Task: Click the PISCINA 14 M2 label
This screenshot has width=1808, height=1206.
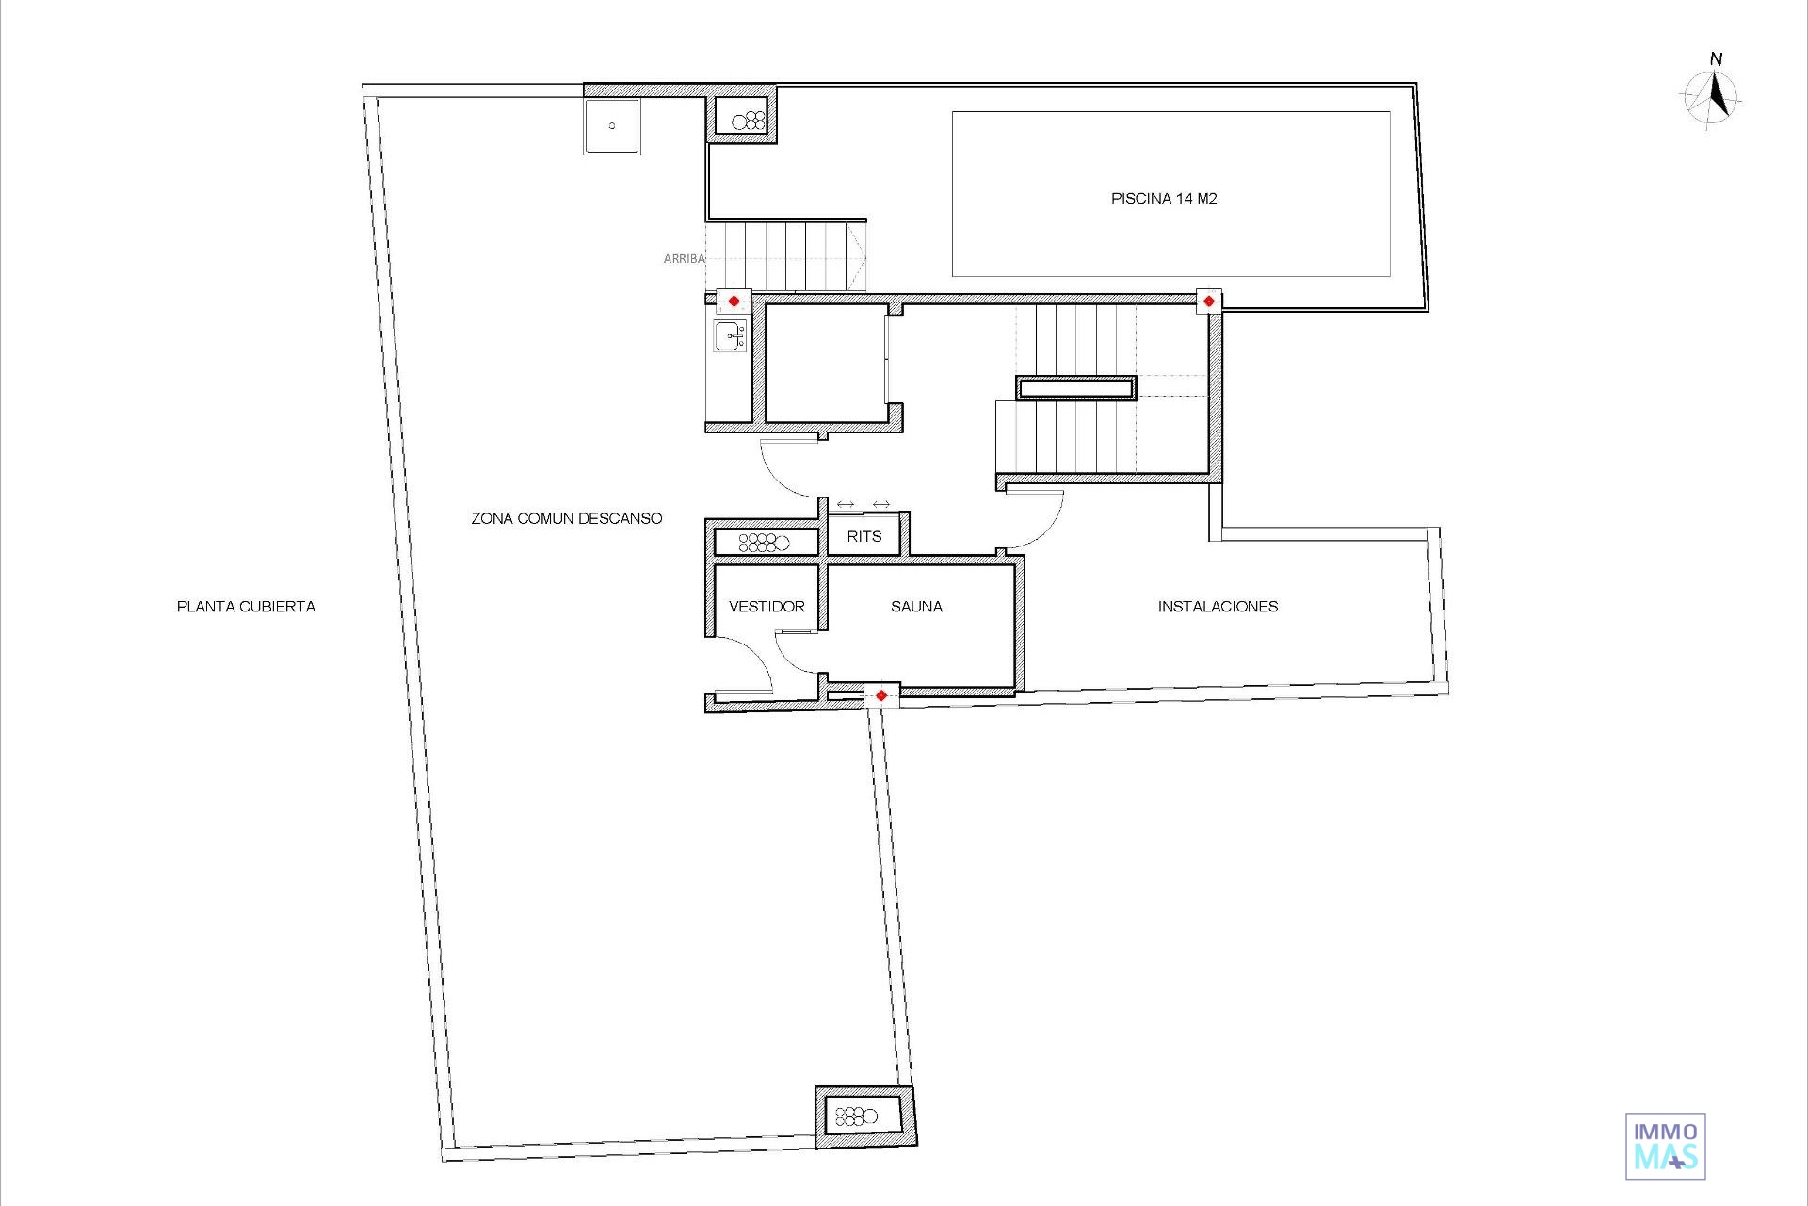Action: [x=1164, y=199]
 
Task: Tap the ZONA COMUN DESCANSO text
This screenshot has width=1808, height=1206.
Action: [x=567, y=518]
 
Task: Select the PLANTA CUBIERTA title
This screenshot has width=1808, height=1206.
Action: [x=246, y=607]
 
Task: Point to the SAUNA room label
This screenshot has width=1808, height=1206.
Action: [x=916, y=607]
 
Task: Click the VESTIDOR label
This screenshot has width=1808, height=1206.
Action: [x=767, y=607]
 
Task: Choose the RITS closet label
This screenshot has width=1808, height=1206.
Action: [x=864, y=537]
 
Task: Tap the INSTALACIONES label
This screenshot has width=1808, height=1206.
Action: [x=1218, y=607]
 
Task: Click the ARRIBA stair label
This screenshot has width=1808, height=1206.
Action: [x=684, y=258]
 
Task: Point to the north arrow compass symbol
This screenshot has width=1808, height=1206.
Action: [x=1713, y=92]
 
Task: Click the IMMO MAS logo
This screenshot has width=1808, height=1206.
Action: [x=1666, y=1147]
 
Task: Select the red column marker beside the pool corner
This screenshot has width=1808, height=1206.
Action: [x=1208, y=301]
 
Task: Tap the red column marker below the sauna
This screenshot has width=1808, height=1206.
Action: [x=881, y=696]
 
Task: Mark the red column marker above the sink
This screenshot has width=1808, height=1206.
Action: [x=734, y=301]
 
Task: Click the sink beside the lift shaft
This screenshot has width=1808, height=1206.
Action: [x=731, y=335]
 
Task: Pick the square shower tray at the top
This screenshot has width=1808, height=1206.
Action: [x=611, y=126]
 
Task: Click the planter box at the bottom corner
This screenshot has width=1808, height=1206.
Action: [x=865, y=1117]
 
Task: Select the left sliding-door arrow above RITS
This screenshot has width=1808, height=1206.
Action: [x=846, y=505]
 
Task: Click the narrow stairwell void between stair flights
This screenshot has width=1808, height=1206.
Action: [x=1076, y=387]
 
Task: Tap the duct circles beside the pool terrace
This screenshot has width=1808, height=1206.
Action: [x=749, y=121]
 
